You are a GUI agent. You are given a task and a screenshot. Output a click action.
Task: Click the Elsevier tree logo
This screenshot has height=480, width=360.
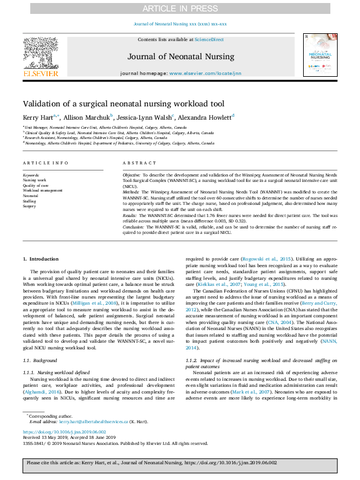pos(40,53)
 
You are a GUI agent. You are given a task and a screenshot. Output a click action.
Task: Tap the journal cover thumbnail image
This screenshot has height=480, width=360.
pos(319,57)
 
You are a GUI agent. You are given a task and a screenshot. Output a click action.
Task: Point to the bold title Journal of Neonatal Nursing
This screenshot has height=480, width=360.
pos(180,57)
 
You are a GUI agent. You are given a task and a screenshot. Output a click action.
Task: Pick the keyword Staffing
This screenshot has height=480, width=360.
pos(30,201)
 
